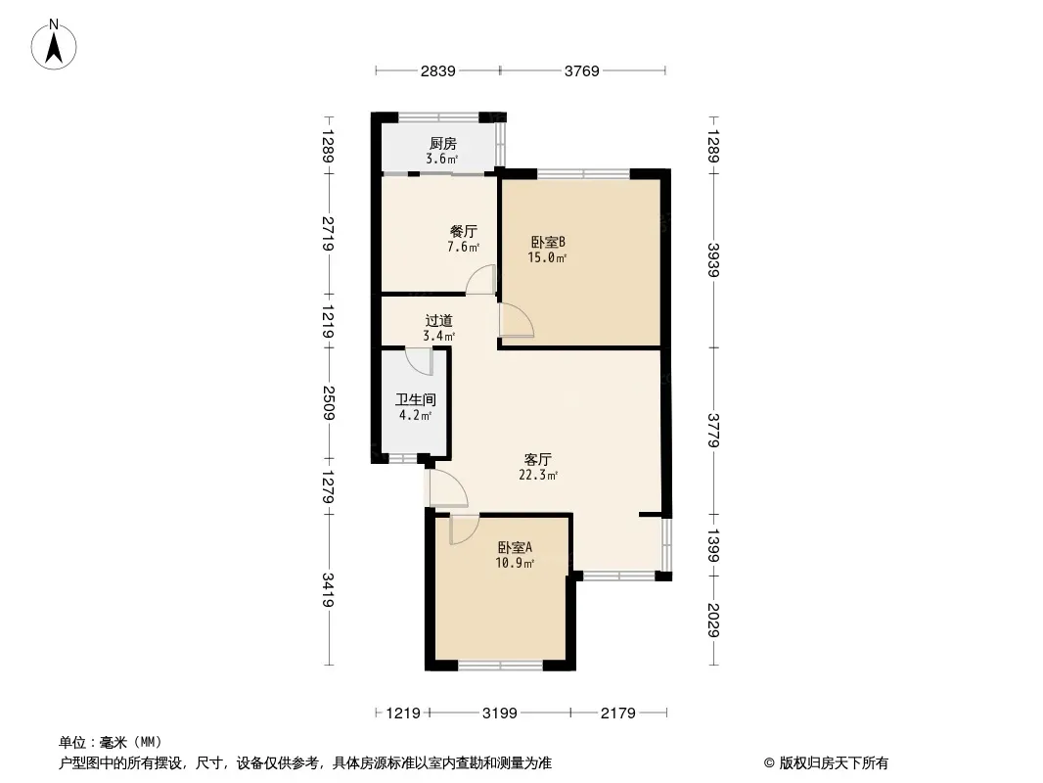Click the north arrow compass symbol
[56, 43]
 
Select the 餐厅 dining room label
[463, 232]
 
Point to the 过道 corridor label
[438, 320]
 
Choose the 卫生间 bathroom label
[415, 399]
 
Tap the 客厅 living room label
[538, 459]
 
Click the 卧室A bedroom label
[515, 548]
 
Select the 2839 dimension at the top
[437, 70]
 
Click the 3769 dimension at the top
[581, 70]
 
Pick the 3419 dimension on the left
[329, 590]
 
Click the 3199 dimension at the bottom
[500, 714]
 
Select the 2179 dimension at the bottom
[619, 714]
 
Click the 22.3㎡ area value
[538, 476]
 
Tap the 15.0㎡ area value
[548, 258]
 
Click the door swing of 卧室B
[516, 320]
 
